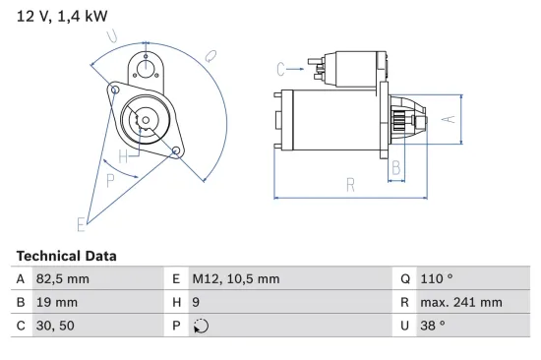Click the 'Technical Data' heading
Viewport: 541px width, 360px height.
(x=66, y=256)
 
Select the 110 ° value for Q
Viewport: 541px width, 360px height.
(x=441, y=279)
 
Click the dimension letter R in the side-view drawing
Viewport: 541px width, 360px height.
(x=350, y=183)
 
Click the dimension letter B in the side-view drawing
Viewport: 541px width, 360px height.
(x=396, y=167)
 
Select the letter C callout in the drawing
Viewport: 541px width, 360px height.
(x=281, y=68)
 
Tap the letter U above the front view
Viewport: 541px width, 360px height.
(x=114, y=38)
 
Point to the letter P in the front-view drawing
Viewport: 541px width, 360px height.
(x=111, y=180)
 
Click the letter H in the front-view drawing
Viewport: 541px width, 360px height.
(x=124, y=156)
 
